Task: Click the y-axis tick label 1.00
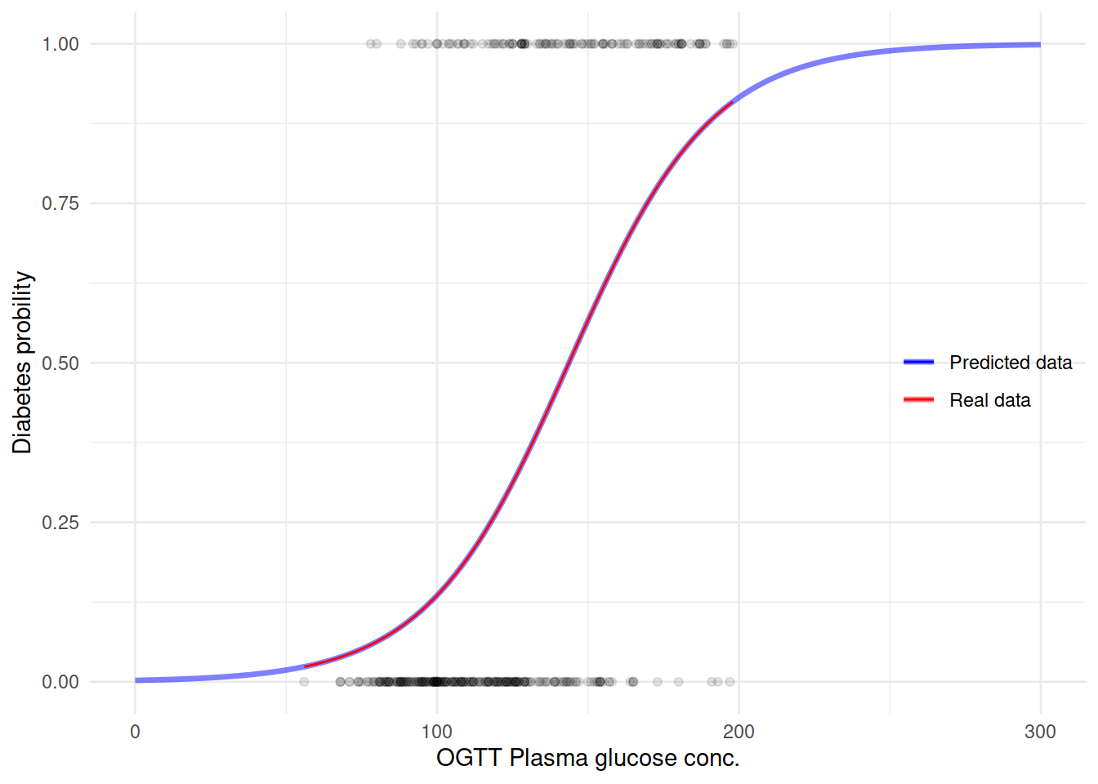click(x=60, y=44)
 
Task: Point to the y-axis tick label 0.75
click(x=60, y=203)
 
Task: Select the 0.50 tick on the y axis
click(x=60, y=363)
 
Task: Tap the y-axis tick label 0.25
click(x=60, y=523)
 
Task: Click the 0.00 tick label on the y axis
click(x=60, y=682)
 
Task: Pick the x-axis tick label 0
click(x=136, y=732)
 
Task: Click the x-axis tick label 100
click(x=437, y=732)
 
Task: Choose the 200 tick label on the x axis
click(x=739, y=732)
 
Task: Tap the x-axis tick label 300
click(x=1040, y=732)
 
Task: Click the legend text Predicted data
click(x=1011, y=363)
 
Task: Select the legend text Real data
click(x=989, y=400)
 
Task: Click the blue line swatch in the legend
click(x=918, y=362)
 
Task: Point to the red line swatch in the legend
click(x=918, y=399)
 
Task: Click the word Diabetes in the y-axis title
click(x=22, y=408)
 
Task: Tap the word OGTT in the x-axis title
click(x=469, y=758)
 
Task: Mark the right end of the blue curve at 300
click(x=1040, y=45)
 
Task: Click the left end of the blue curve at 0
click(x=136, y=680)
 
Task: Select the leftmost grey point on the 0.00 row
click(x=304, y=682)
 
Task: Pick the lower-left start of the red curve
click(x=305, y=667)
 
